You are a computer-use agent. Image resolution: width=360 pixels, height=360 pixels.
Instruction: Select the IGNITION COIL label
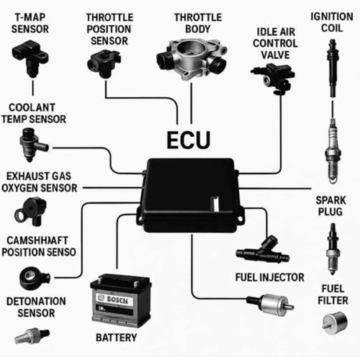[330, 22]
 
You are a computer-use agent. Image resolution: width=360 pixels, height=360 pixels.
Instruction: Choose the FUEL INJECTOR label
[269, 276]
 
